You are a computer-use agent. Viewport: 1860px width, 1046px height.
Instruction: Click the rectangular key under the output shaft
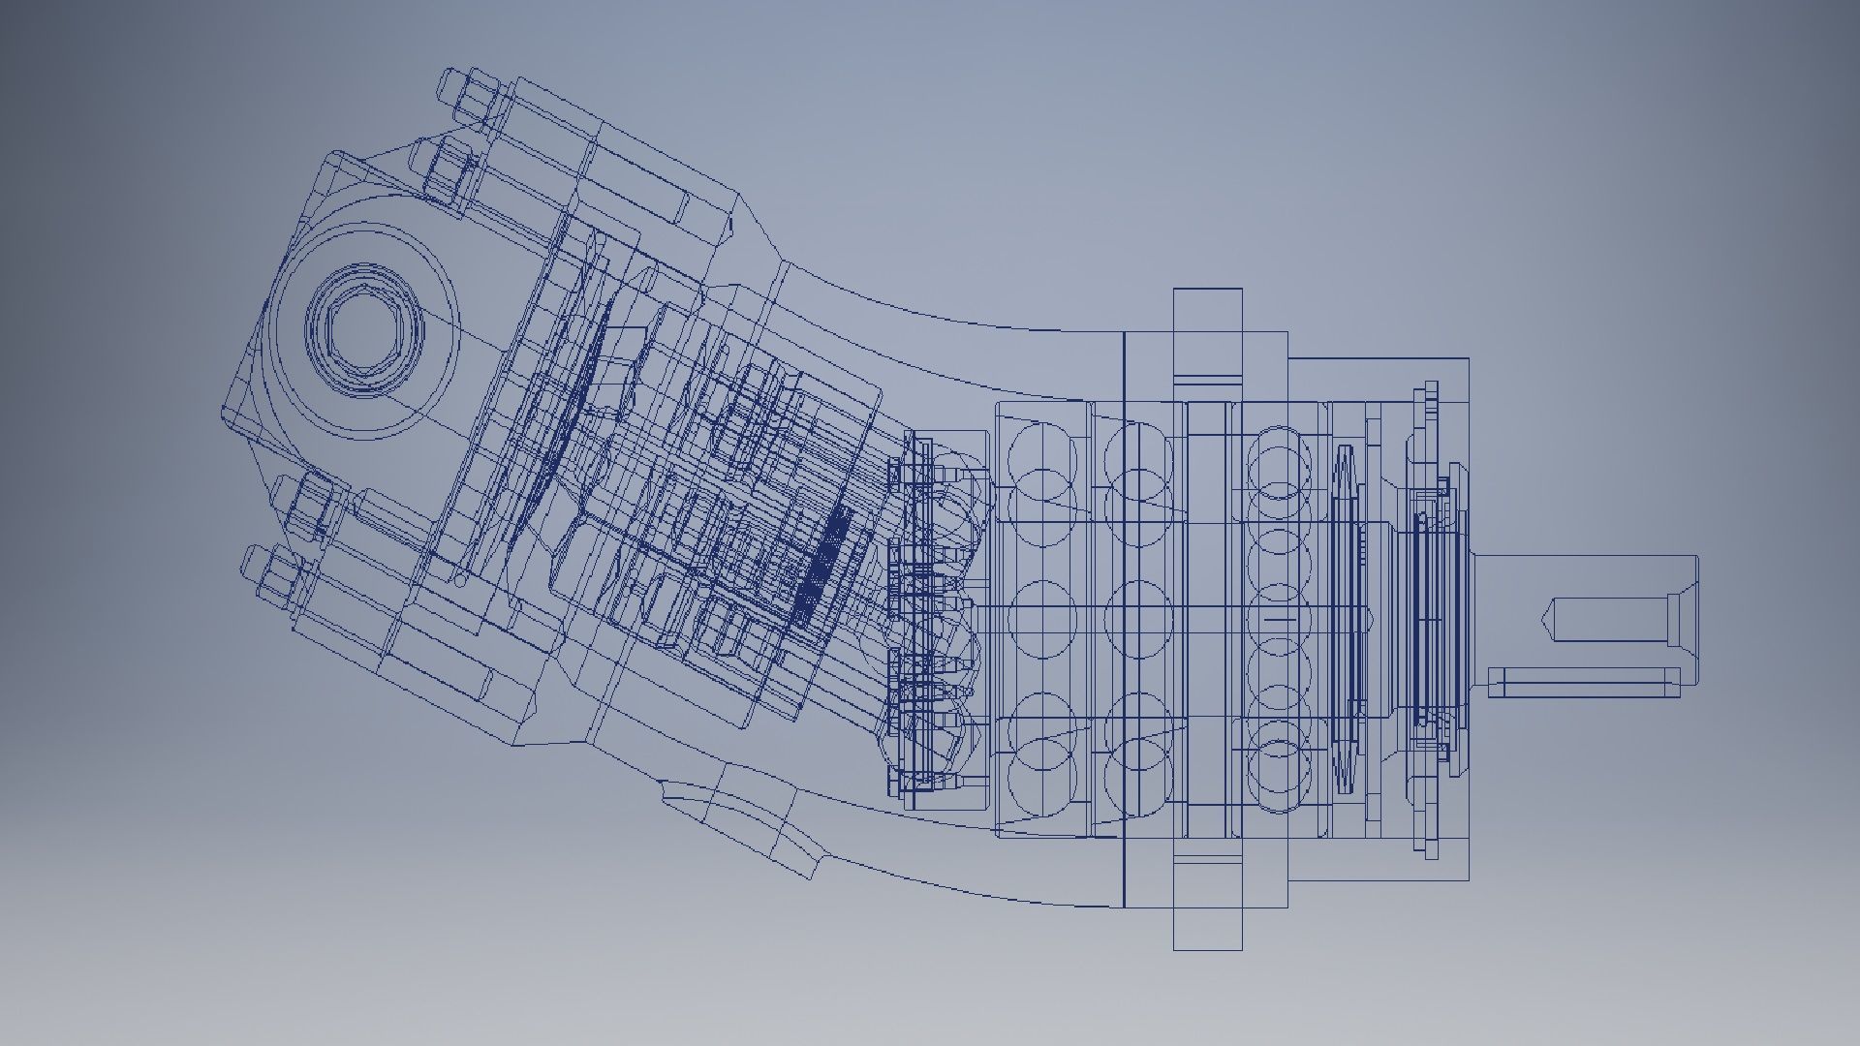pyautogui.click(x=1583, y=682)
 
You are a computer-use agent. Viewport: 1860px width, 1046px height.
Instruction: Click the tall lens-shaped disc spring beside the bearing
pyautogui.click(x=1345, y=620)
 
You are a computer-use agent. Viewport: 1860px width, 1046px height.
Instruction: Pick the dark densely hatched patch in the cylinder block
pyautogui.click(x=821, y=562)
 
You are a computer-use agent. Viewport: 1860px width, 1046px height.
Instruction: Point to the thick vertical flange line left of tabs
pyautogui.click(x=1124, y=620)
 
